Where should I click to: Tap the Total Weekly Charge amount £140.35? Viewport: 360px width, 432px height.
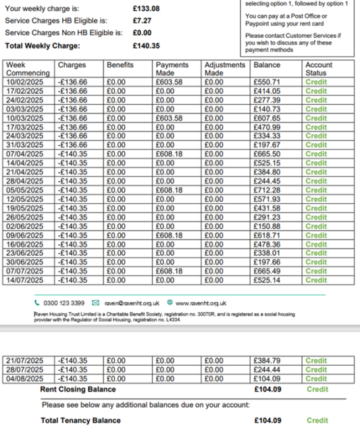pos(147,46)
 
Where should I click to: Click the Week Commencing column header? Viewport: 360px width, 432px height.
pos(28,69)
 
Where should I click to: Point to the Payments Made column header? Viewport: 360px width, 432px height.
pos(172,69)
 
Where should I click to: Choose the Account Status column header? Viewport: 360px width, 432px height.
pos(319,69)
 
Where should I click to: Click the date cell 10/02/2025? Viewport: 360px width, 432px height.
pos(24,82)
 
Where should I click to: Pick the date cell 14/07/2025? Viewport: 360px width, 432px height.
pos(24,280)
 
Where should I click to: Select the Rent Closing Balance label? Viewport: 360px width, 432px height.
pos(78,389)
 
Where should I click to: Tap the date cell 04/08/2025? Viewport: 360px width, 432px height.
pos(24,379)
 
